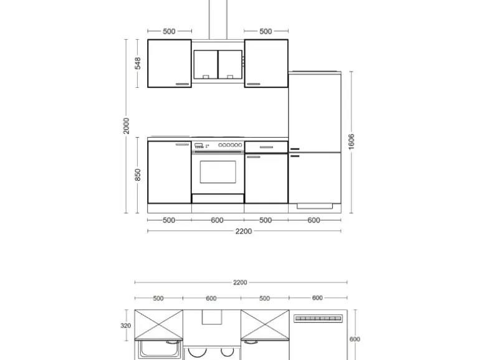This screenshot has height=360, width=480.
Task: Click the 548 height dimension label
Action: click(x=138, y=64)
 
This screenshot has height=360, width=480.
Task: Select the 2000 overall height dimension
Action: click(x=127, y=126)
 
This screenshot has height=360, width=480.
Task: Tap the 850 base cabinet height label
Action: click(x=138, y=175)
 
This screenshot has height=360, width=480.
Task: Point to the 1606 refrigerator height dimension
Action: click(x=351, y=142)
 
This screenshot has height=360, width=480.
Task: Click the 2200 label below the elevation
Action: click(x=244, y=231)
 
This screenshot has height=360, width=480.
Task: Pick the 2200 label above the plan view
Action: click(x=240, y=282)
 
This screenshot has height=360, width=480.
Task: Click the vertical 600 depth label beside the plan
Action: click(x=354, y=339)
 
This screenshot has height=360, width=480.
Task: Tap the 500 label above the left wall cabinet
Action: click(x=169, y=31)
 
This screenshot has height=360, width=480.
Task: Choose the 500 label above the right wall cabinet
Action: click(x=266, y=31)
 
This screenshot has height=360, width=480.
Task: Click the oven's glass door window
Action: click(x=218, y=172)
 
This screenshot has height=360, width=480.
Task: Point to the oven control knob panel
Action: click(x=218, y=146)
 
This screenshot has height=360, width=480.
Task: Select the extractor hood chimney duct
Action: click(x=218, y=19)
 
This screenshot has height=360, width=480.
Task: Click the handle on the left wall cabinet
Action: click(x=183, y=83)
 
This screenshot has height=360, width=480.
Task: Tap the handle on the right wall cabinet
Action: click(x=253, y=83)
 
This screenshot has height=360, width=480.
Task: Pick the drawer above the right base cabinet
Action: click(x=266, y=147)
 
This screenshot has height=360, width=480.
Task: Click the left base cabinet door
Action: click(x=169, y=173)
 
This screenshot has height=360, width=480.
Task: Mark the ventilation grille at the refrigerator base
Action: click(x=315, y=205)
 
